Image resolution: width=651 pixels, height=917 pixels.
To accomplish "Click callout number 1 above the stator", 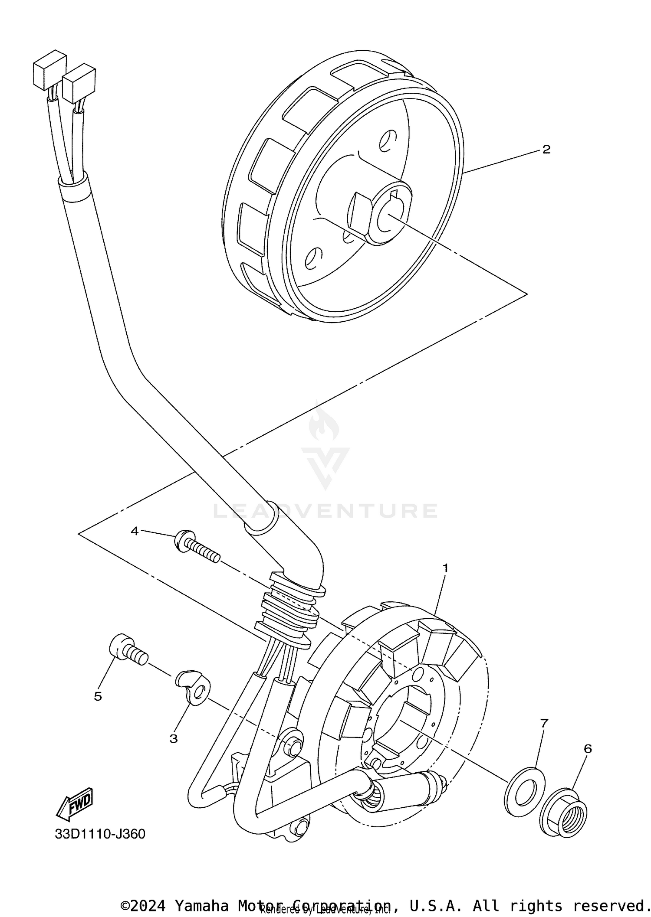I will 445,568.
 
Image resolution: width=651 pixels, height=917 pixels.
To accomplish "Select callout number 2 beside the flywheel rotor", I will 546,150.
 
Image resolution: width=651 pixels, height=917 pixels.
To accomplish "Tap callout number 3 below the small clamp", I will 174,738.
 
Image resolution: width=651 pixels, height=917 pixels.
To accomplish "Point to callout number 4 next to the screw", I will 135,531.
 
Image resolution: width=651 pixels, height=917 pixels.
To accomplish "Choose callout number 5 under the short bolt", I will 98,696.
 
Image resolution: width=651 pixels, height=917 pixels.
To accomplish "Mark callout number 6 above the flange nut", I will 588,749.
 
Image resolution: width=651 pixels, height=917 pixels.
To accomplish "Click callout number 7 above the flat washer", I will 544,723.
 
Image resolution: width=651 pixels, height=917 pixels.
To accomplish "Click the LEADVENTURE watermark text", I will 325,511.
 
